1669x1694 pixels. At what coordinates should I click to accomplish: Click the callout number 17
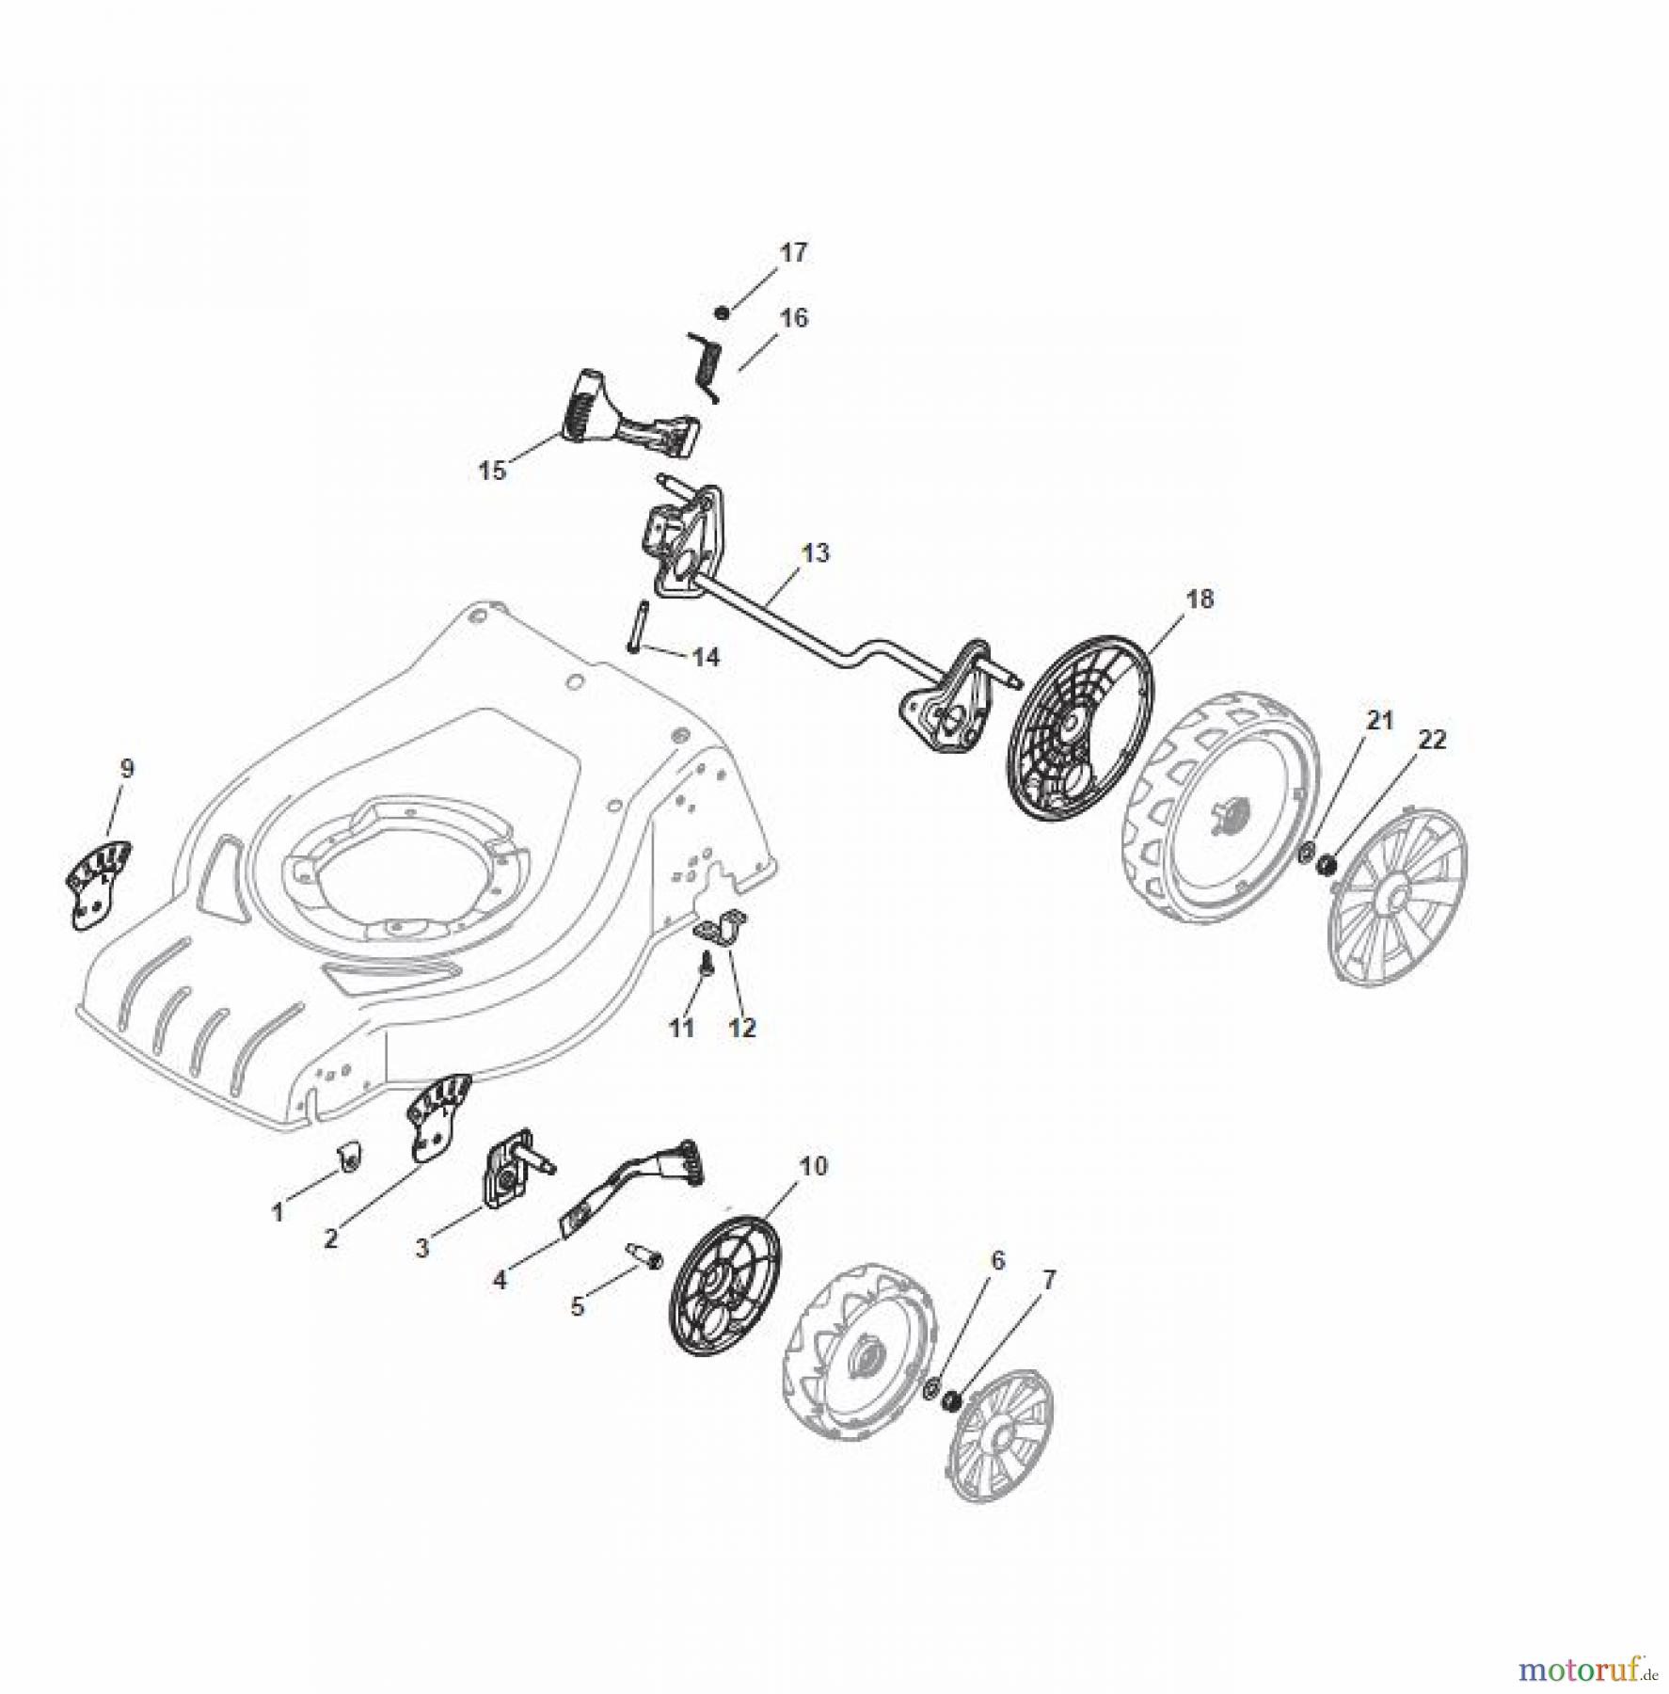792,253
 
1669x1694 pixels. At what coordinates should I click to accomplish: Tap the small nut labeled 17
722,312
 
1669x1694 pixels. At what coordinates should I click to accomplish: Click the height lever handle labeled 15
621,420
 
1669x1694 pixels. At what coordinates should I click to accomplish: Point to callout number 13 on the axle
815,552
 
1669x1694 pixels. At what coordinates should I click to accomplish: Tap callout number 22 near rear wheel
1431,739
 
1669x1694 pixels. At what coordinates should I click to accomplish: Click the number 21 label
1379,720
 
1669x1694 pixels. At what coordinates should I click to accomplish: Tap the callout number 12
742,1028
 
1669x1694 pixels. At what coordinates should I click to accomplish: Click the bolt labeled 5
644,1256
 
